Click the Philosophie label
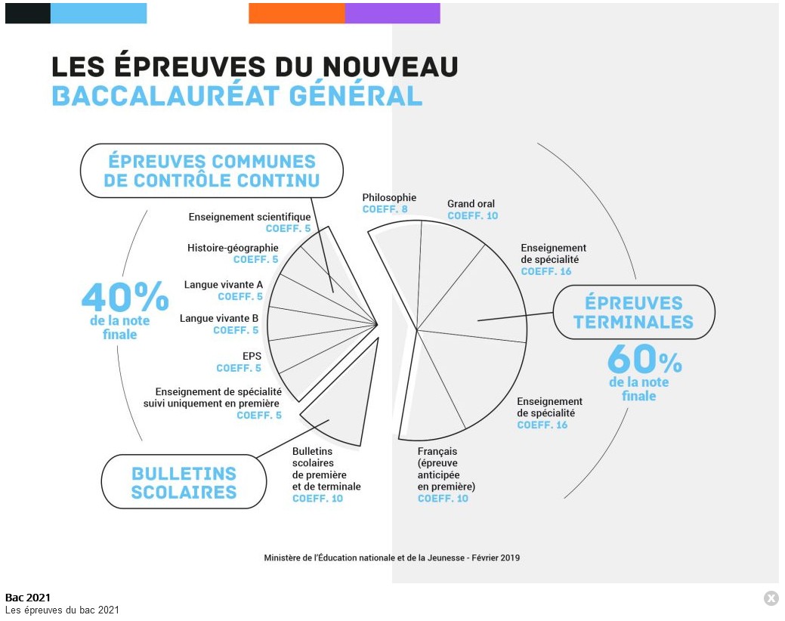pos(389,198)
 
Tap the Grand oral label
pos(471,204)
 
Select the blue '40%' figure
pos(125,297)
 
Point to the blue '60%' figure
pos(644,359)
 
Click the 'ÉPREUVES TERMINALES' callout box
pos(633,313)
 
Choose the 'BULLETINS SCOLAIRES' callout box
pos(184,482)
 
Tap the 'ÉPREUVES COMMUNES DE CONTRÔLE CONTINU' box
pos(212,171)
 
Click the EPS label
pos(252,356)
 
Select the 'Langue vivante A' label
pos(224,285)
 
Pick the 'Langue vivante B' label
pos(219,318)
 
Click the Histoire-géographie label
pos(233,248)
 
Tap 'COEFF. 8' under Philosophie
pos(385,209)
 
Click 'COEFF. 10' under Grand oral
pos(472,216)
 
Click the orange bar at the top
pos(296,13)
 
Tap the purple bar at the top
pos(392,13)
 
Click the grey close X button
pos(771,598)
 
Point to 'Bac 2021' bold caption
pos(28,598)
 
